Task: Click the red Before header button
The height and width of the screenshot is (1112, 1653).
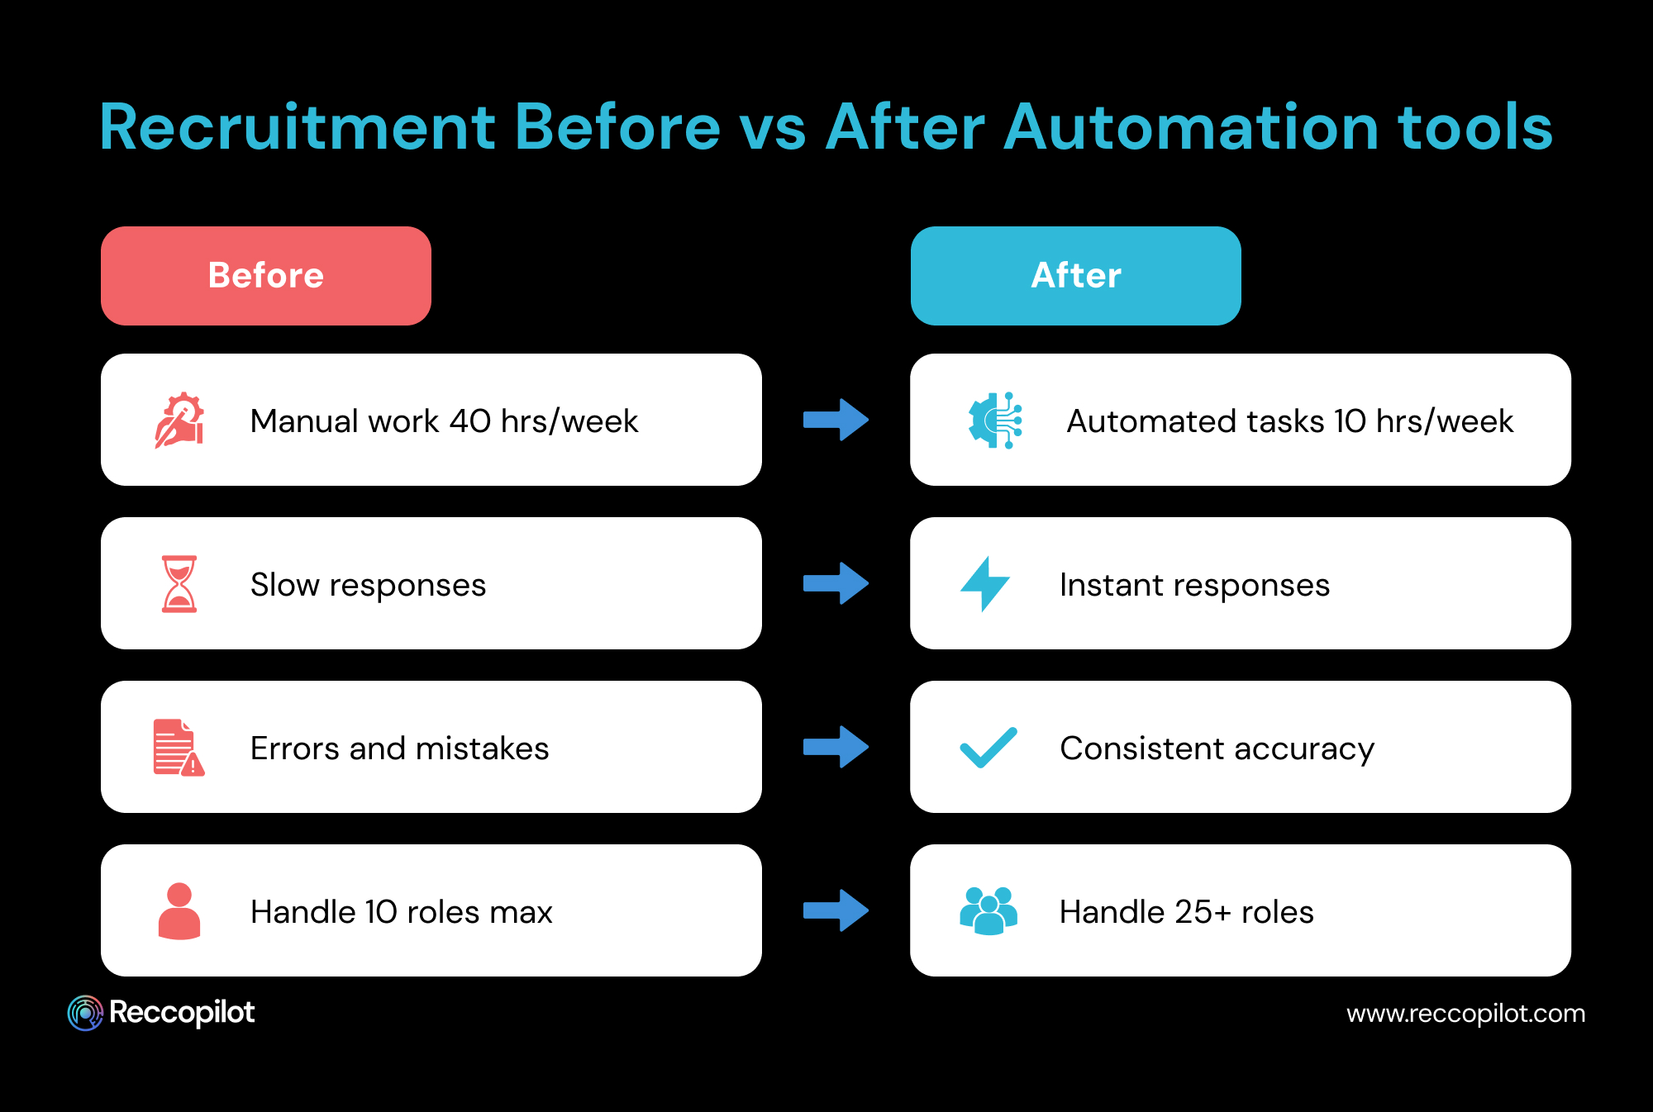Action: point(265,276)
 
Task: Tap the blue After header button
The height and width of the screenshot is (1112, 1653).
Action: point(1075,276)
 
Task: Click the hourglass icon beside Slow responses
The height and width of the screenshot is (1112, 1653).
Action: point(179,584)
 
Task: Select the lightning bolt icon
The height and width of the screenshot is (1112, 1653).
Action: point(984,584)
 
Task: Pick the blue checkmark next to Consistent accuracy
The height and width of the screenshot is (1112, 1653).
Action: point(988,748)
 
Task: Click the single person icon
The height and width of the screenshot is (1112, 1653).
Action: point(179,911)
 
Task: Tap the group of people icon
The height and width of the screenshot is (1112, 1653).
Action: point(988,911)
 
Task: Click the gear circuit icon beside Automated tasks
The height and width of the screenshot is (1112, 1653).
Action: point(995,421)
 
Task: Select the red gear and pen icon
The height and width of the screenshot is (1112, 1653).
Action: point(179,421)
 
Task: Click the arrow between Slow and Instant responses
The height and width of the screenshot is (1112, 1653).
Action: point(836,584)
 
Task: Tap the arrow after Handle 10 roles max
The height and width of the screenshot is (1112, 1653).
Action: point(836,911)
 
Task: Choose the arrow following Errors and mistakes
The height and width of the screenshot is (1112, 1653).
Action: point(836,748)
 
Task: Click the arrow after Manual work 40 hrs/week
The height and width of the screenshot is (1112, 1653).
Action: point(836,421)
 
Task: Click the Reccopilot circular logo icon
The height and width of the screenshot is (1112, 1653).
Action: point(85,1013)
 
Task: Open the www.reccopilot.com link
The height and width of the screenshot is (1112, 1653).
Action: point(1465,1014)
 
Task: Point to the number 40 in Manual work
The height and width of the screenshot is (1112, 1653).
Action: point(470,421)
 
